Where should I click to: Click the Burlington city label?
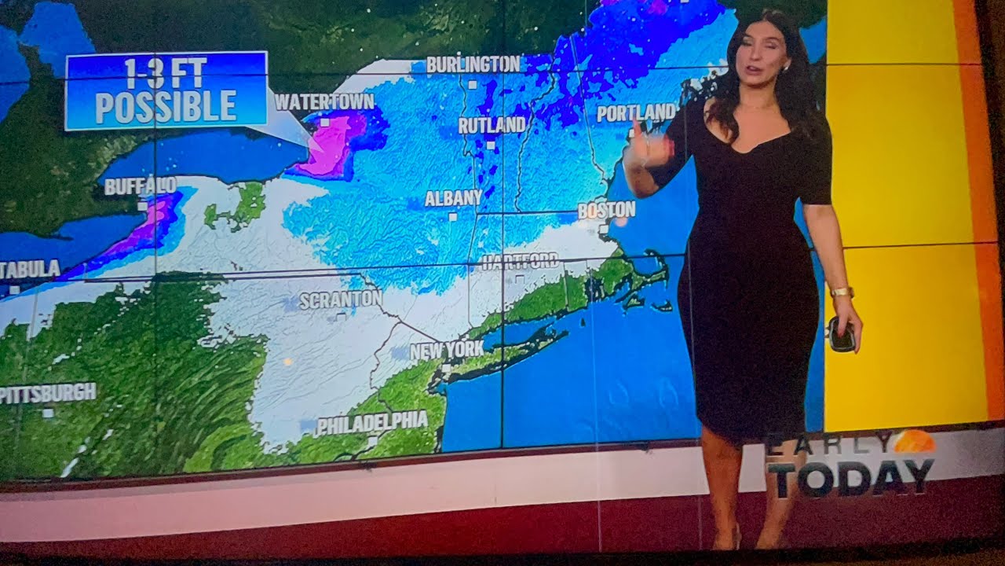(473, 64)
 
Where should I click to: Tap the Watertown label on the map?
(324, 102)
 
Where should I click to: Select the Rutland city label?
(492, 126)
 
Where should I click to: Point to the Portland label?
(636, 113)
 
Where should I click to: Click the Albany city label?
(453, 198)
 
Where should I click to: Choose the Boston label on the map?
(606, 210)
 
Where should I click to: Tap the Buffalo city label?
(141, 186)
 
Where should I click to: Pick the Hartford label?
(520, 262)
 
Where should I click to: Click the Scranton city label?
(341, 300)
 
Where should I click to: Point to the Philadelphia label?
(372, 422)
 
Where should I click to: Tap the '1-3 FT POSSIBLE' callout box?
(166, 90)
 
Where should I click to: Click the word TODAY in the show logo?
(850, 478)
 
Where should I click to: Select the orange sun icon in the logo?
(915, 442)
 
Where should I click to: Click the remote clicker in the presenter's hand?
(842, 334)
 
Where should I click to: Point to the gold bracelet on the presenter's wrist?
(842, 292)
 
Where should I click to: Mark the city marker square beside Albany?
(453, 215)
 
